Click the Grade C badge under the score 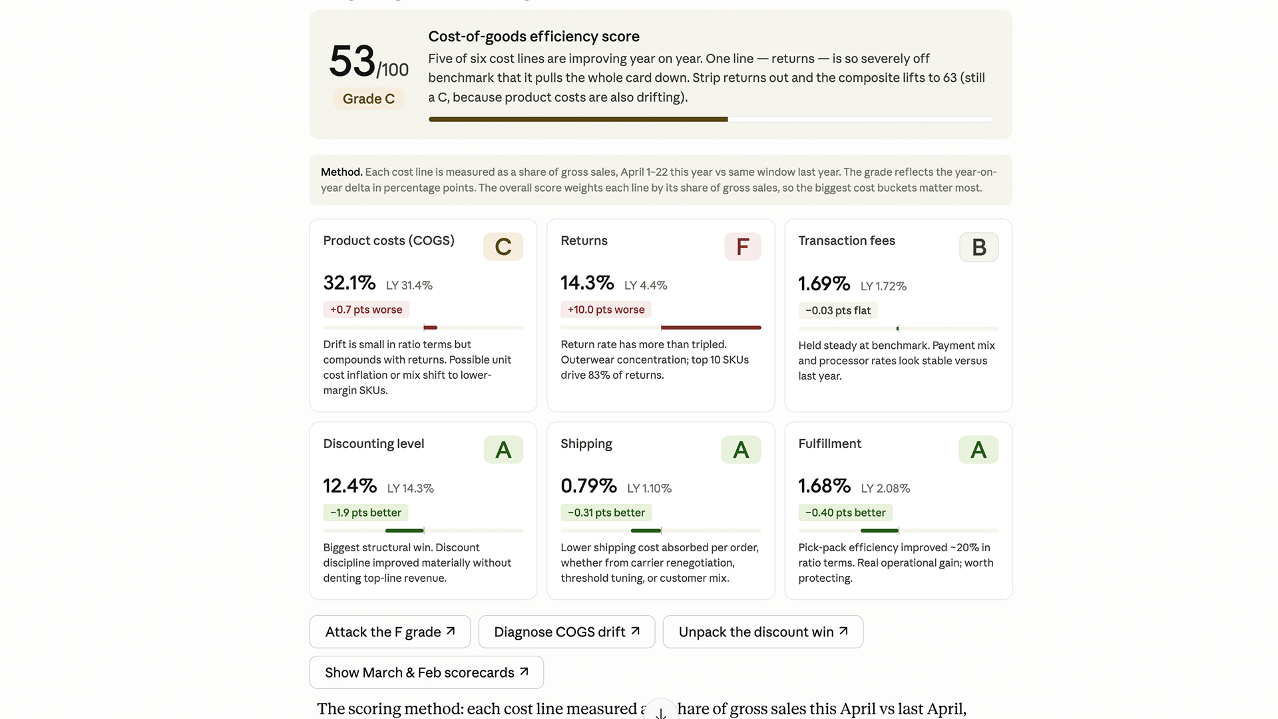[x=369, y=99]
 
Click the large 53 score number [x=352, y=61]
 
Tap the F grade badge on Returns [x=742, y=247]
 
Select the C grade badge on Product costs [x=503, y=247]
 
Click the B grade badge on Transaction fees [x=978, y=247]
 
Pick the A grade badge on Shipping [x=741, y=450]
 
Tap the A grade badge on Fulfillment [x=978, y=450]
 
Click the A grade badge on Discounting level [x=503, y=450]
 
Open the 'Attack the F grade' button [x=390, y=632]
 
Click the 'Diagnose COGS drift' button [x=566, y=632]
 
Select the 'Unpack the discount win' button [x=763, y=632]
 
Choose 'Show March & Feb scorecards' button [x=427, y=672]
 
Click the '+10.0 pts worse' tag [x=606, y=310]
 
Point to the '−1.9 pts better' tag [x=365, y=513]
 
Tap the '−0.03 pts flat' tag [x=838, y=310]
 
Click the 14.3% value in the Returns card [x=587, y=283]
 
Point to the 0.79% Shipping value [x=588, y=486]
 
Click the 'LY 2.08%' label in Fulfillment [x=885, y=488]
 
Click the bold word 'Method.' [x=341, y=172]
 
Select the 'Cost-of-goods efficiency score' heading [x=534, y=37]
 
